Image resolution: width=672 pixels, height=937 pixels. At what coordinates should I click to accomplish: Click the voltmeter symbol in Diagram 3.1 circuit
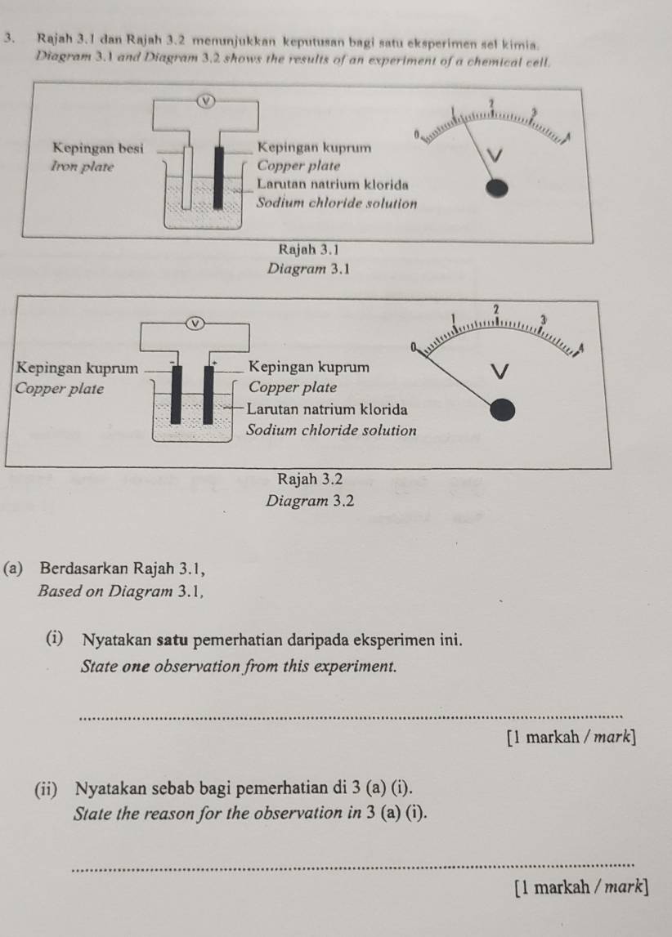point(206,101)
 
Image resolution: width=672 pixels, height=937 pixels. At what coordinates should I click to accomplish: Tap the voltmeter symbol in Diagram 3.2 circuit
point(195,323)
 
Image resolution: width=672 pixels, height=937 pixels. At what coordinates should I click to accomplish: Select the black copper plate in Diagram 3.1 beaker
point(219,177)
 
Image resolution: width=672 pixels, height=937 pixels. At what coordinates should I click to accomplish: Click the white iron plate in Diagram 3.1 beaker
point(188,177)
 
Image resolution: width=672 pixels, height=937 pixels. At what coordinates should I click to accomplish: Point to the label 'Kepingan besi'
point(98,148)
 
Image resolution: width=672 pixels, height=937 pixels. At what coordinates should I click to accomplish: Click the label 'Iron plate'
point(83,166)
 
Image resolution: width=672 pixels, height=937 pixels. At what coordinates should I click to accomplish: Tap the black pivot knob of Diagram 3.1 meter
point(496,189)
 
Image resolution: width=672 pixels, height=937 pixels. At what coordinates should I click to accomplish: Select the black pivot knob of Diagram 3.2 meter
point(502,410)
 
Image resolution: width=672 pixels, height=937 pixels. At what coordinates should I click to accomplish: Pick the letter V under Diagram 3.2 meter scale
point(500,373)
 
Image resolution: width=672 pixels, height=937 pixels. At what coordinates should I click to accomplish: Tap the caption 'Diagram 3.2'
point(310,501)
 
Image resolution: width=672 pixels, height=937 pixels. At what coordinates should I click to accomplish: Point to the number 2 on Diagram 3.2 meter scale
point(495,309)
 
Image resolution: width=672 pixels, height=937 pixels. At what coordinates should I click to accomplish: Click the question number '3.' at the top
point(8,38)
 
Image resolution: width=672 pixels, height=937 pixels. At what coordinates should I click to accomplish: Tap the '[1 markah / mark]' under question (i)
point(571,737)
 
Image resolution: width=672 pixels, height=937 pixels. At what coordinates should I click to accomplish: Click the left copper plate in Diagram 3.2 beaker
point(177,395)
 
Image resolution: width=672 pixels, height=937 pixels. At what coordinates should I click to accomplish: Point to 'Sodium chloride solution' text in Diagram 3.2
point(332,431)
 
